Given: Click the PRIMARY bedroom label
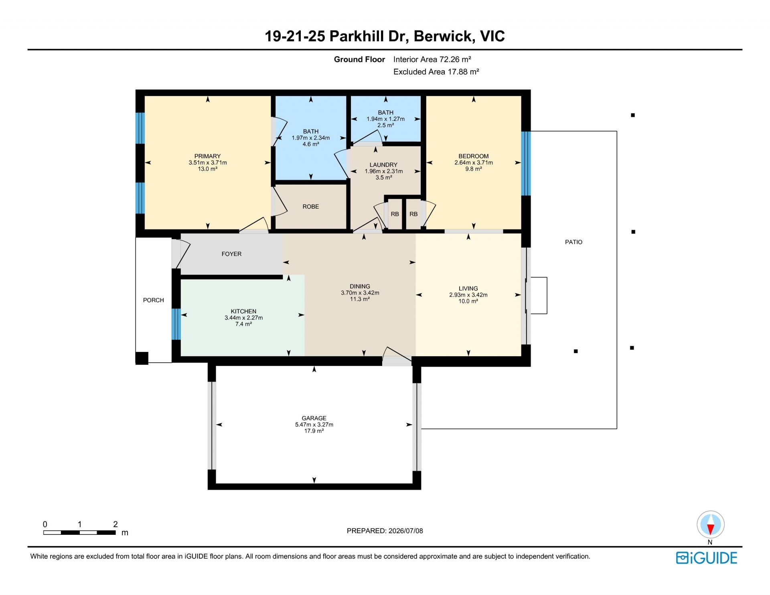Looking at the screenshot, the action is tap(207, 156).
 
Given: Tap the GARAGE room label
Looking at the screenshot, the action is tap(314, 418).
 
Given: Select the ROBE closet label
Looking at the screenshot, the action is tap(311, 207).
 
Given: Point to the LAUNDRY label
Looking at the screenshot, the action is tap(383, 165).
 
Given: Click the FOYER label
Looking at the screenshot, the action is tap(231, 254).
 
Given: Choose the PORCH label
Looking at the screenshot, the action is tap(154, 300).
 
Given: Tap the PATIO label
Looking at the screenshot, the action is tap(573, 242).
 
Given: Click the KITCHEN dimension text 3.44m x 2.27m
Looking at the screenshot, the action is tap(243, 318).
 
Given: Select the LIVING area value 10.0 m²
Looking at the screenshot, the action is tap(468, 301).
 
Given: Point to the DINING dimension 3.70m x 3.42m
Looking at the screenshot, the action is tap(360, 293).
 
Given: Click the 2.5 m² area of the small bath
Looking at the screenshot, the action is tap(385, 125).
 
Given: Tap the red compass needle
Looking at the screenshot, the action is tap(710, 530).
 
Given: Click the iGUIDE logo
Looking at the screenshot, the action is tap(707, 558).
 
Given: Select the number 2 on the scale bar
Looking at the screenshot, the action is tap(115, 524).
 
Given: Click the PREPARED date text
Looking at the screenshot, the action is tap(385, 531).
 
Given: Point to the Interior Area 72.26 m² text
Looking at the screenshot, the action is tap(432, 59).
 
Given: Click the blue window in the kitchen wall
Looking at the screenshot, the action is tap(176, 324).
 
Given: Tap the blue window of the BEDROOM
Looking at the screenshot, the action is tap(526, 163).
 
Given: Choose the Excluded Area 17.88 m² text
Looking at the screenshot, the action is tap(436, 72).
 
